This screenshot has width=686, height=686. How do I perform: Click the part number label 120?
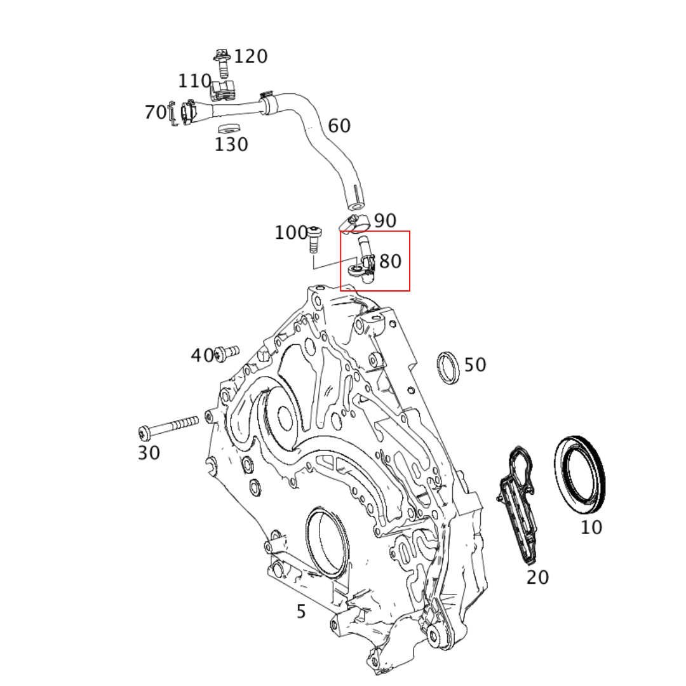[250, 57]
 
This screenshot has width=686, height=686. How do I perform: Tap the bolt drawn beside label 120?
[222, 64]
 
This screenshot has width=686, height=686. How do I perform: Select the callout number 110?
[194, 81]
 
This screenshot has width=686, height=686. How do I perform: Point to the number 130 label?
[231, 145]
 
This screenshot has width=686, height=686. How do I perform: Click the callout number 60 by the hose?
[339, 126]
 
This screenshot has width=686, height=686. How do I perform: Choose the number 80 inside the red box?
[390, 261]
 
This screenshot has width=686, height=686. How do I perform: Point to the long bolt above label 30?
[168, 427]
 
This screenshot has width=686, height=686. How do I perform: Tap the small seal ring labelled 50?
[448, 367]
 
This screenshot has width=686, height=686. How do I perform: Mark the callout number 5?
[301, 612]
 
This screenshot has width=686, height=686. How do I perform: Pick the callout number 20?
[537, 577]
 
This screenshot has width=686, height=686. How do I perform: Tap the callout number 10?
[591, 527]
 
